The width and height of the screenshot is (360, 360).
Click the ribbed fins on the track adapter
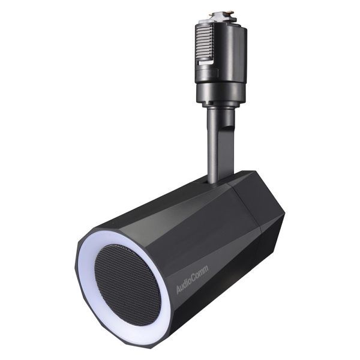[204, 45]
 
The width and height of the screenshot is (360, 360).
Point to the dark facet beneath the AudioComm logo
[204, 306]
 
